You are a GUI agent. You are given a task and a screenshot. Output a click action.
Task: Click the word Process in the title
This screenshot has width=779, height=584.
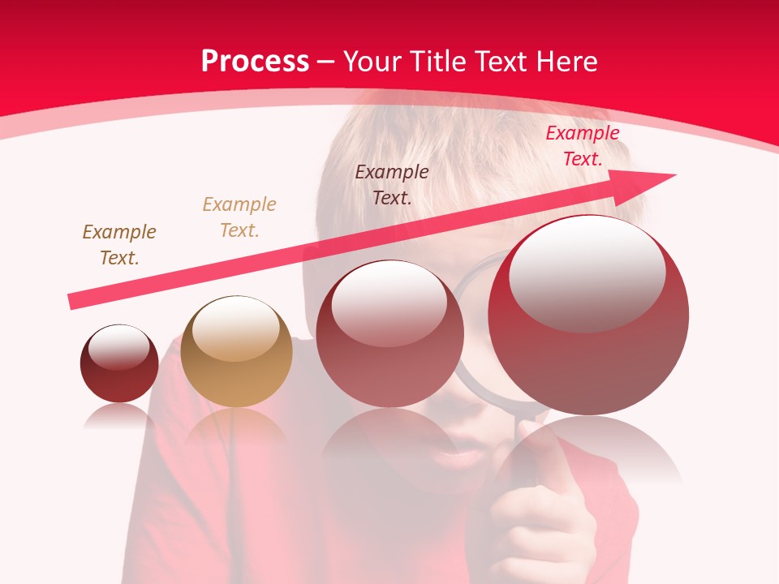click(x=255, y=62)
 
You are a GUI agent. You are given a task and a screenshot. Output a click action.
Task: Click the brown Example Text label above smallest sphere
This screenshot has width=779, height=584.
click(x=119, y=245)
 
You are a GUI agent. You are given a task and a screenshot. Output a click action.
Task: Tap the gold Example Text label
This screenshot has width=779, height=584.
click(x=239, y=217)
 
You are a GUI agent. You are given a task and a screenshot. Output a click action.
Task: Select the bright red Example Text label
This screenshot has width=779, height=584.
click(x=583, y=146)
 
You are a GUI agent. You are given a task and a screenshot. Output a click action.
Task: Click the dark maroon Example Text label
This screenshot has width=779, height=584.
click(x=392, y=184)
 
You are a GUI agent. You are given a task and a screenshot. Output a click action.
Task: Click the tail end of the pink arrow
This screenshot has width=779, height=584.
click(x=75, y=302)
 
